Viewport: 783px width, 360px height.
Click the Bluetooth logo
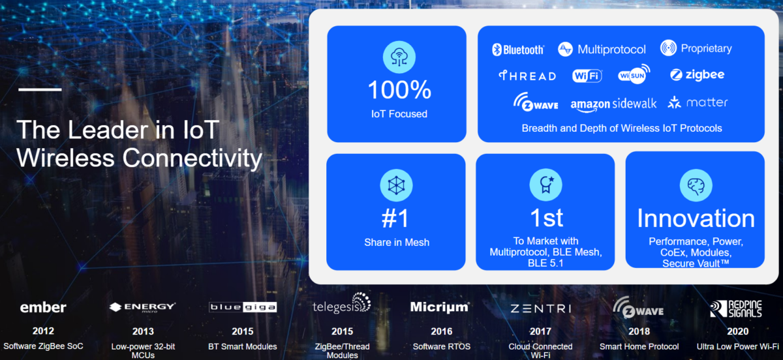click(x=517, y=50)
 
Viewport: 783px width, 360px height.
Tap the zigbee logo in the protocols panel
click(x=697, y=75)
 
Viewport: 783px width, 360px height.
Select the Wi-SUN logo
click(x=634, y=74)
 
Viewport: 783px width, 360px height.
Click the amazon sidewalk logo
click(x=613, y=104)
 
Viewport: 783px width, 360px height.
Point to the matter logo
click(x=698, y=102)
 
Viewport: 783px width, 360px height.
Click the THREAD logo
click(x=527, y=76)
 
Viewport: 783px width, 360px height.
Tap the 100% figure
click(x=399, y=90)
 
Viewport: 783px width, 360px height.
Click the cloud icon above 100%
click(x=399, y=57)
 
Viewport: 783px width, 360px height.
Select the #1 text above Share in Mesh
click(x=395, y=218)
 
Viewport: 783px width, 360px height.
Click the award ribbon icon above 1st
click(x=546, y=185)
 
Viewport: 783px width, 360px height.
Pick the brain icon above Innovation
click(x=696, y=186)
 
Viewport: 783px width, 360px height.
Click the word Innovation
click(x=696, y=218)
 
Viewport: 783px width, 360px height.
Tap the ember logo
click(x=43, y=308)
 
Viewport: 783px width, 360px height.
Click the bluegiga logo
click(x=243, y=307)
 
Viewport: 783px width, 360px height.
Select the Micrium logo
click(x=440, y=307)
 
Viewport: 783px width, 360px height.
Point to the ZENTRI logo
click(x=541, y=308)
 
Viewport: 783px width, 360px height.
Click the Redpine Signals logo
click(x=736, y=308)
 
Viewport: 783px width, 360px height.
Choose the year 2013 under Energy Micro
click(x=143, y=331)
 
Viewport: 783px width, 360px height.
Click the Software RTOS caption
click(x=442, y=346)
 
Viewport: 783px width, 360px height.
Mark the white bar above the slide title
click(x=40, y=89)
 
